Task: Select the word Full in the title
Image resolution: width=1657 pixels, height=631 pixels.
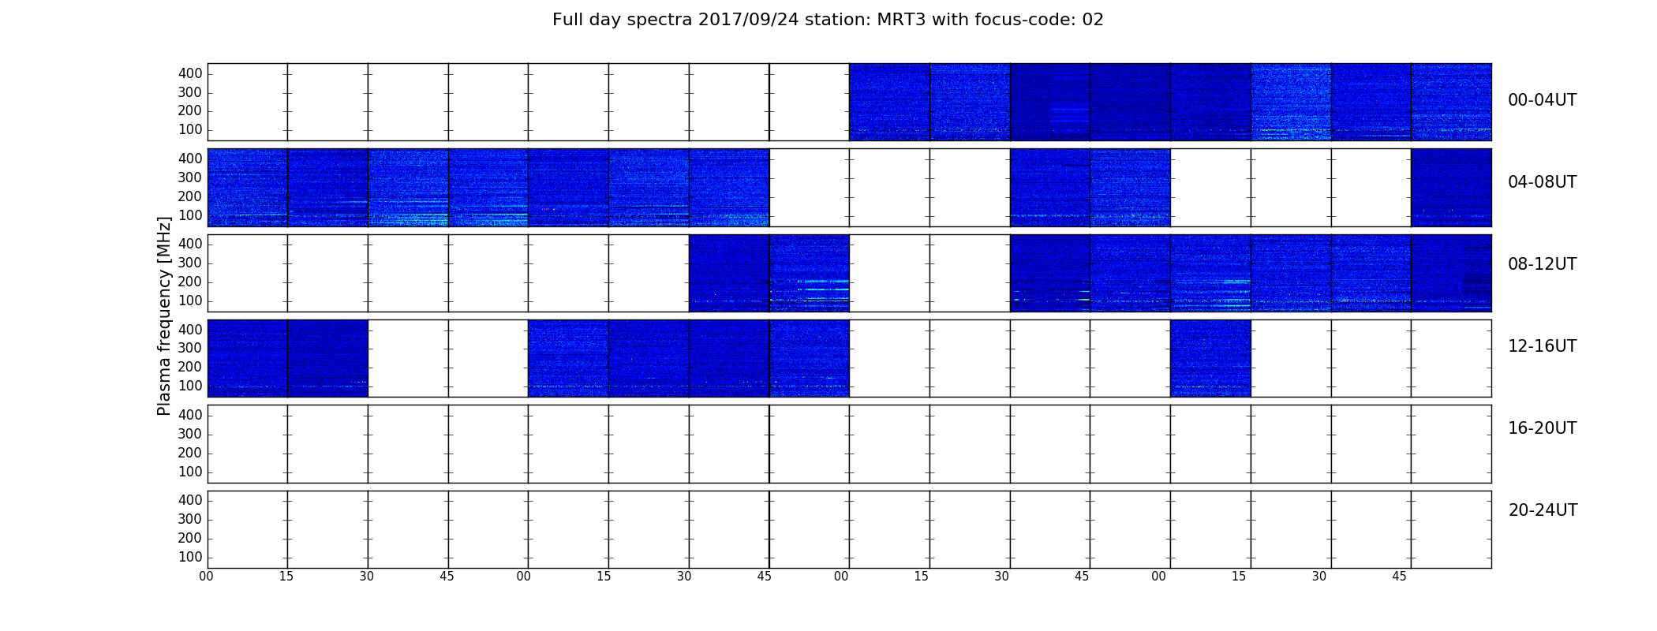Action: pos(567,20)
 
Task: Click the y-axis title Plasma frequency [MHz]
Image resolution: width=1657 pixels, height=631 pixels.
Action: pos(164,315)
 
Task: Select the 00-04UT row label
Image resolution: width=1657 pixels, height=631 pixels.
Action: pos(1543,100)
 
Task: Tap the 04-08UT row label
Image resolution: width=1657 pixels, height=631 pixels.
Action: pos(1543,182)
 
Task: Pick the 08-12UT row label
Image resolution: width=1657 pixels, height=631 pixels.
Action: pos(1543,264)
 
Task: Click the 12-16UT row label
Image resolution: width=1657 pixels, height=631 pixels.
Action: pos(1543,346)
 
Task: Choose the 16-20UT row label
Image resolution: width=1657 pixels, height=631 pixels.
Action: pos(1543,428)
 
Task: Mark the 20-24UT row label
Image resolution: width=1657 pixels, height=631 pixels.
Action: pos(1543,510)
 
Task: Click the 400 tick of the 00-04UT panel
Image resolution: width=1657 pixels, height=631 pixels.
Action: pos(190,73)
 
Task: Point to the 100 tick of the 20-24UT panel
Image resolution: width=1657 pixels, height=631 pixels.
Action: pos(190,557)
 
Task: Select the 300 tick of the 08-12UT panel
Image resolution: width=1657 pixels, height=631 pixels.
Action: pos(190,263)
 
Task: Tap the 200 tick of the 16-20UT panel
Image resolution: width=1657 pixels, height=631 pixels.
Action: pos(190,453)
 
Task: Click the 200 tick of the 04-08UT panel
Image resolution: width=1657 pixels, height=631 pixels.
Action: pos(190,196)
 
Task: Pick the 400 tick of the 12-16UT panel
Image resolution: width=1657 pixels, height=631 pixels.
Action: pos(190,329)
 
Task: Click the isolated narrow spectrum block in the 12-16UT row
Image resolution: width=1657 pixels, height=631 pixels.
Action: pos(1210,358)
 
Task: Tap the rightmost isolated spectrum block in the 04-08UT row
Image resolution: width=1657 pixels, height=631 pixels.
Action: pos(1451,188)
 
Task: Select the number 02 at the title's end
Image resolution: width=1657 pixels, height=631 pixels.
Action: pos(1093,20)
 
